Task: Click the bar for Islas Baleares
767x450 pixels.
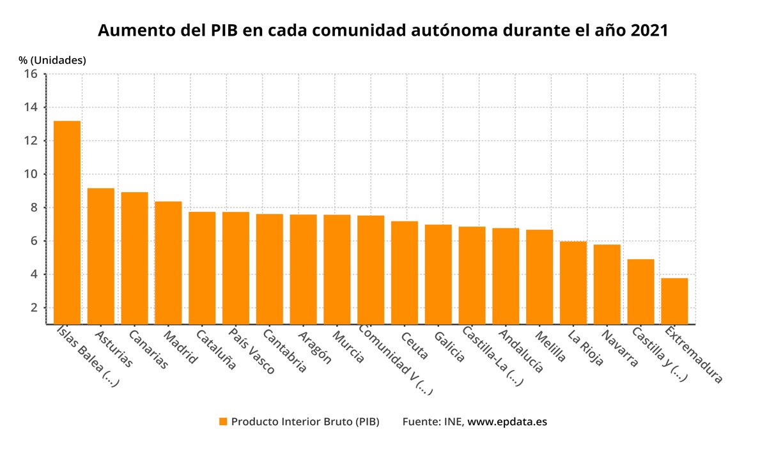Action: tap(67, 222)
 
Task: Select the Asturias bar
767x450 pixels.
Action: tap(101, 256)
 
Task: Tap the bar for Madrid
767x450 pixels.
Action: tap(168, 262)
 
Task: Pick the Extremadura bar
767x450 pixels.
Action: tap(674, 301)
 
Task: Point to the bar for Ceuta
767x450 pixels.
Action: tap(405, 273)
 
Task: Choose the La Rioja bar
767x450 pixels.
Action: tap(573, 283)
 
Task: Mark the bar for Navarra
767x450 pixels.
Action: tap(607, 284)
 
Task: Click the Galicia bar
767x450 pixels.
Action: tap(438, 274)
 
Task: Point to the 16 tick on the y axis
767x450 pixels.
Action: tap(31, 74)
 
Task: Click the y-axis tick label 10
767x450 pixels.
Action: tap(31, 174)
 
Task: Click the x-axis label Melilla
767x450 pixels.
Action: tap(550, 346)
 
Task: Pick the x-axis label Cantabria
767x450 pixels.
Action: tap(284, 350)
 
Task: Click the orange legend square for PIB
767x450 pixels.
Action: tap(223, 422)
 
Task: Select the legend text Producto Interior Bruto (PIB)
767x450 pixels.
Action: tap(305, 422)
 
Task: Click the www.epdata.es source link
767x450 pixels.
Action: tap(507, 422)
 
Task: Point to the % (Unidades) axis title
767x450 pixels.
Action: tap(52, 60)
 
